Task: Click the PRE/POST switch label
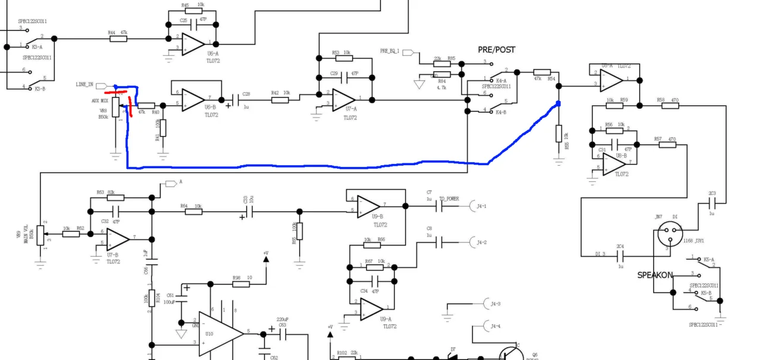pos(496,49)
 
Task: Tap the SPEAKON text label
pos(655,275)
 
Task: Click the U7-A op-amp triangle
pos(343,99)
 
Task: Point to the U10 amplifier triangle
pos(221,334)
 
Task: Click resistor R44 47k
pos(118,39)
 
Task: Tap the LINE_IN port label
pos(84,85)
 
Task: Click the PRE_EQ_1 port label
pos(390,52)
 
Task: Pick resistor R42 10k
pos(280,100)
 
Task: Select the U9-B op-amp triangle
pos(368,206)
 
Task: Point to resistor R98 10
pos(240,284)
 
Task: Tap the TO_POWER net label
pos(449,199)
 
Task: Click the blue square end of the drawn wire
pos(558,105)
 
